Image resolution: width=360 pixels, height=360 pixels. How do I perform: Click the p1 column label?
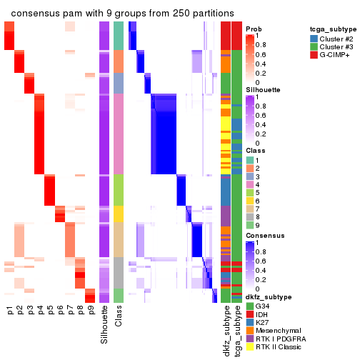point(10,311)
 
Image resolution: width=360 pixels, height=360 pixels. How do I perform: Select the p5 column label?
point(50,311)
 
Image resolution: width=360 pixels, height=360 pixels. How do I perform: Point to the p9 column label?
point(91,311)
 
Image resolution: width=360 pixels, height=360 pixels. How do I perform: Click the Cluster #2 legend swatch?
point(314,38)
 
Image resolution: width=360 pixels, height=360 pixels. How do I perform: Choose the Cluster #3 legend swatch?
point(314,46)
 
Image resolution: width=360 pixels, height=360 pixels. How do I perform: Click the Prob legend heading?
point(253,29)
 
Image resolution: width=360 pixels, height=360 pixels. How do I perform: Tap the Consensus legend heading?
point(266,235)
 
